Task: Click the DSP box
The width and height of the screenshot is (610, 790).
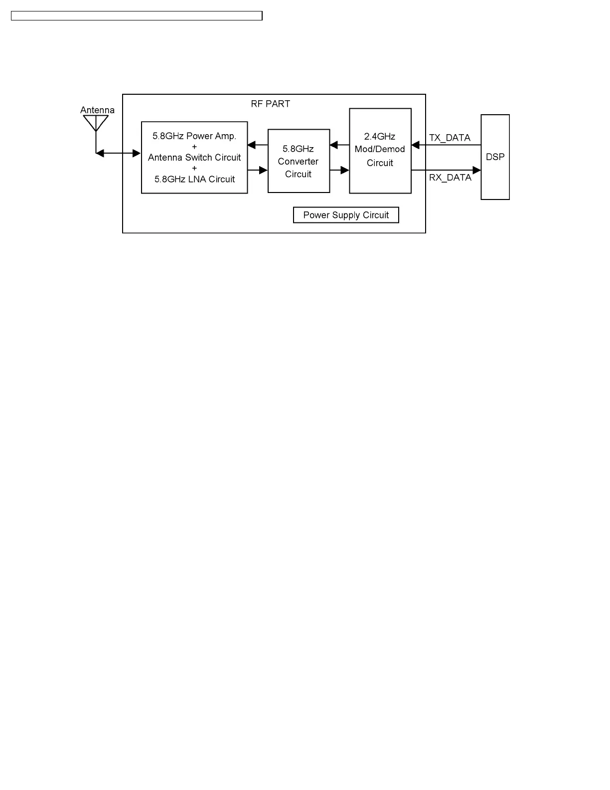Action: [495, 157]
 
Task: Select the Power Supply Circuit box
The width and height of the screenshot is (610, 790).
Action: [346, 215]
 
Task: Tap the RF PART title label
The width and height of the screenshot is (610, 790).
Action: [270, 104]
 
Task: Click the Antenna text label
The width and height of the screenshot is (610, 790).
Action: [97, 110]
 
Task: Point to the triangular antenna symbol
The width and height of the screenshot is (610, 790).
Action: [96, 123]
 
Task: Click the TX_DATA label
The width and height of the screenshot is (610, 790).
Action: [450, 138]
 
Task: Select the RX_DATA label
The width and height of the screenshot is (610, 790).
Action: [450, 178]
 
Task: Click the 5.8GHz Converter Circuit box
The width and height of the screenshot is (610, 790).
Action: [299, 161]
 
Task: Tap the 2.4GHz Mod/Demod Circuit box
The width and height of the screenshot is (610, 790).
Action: [380, 151]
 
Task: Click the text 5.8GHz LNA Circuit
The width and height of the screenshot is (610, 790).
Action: [194, 179]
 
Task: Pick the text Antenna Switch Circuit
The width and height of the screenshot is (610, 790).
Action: [194, 158]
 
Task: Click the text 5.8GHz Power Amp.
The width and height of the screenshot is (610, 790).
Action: [194, 136]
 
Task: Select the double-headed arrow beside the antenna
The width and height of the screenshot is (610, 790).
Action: [118, 154]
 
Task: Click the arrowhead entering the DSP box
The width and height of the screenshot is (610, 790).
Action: [476, 171]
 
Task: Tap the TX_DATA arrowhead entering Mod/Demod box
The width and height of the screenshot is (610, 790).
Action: [416, 145]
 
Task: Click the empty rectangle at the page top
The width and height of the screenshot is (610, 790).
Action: [137, 16]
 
